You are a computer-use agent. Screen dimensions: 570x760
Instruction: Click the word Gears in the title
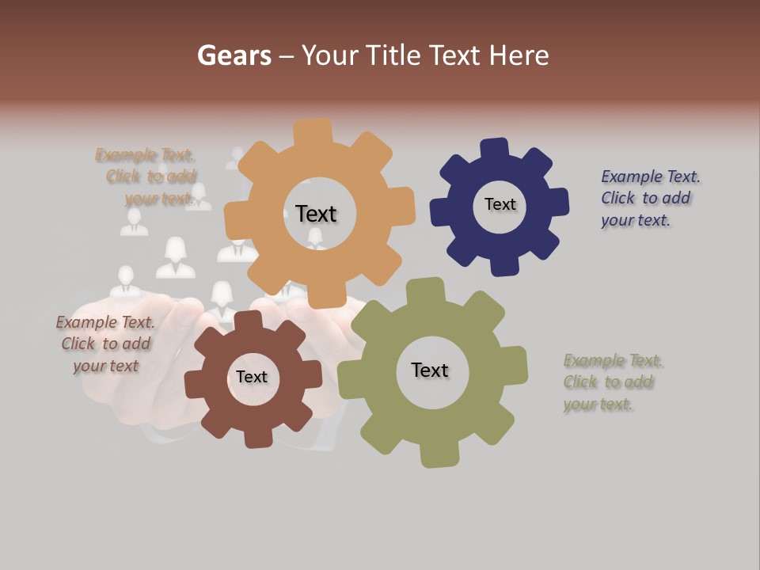point(234,55)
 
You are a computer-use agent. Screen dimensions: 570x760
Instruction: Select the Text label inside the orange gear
point(316,214)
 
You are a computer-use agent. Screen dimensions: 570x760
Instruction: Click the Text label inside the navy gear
point(500,204)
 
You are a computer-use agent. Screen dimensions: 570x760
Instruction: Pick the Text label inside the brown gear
point(252,377)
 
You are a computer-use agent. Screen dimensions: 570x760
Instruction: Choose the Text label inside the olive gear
point(430,370)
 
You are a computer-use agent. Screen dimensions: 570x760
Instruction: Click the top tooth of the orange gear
point(313,131)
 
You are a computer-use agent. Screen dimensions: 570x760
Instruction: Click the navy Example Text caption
point(650,198)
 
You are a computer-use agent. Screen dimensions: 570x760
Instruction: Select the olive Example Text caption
point(613,382)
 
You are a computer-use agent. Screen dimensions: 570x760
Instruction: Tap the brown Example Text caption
point(105,344)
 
